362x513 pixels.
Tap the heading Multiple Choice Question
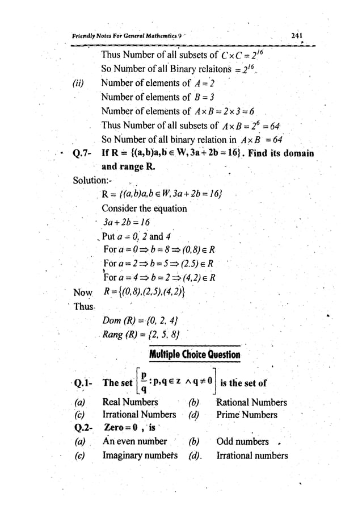[195, 355]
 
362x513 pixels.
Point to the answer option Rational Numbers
[251, 402]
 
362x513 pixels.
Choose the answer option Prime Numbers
[246, 415]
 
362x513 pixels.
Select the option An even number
[134, 441]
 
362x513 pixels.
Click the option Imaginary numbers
[139, 455]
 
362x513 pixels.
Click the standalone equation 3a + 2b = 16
[125, 222]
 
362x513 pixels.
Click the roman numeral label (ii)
[78, 84]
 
